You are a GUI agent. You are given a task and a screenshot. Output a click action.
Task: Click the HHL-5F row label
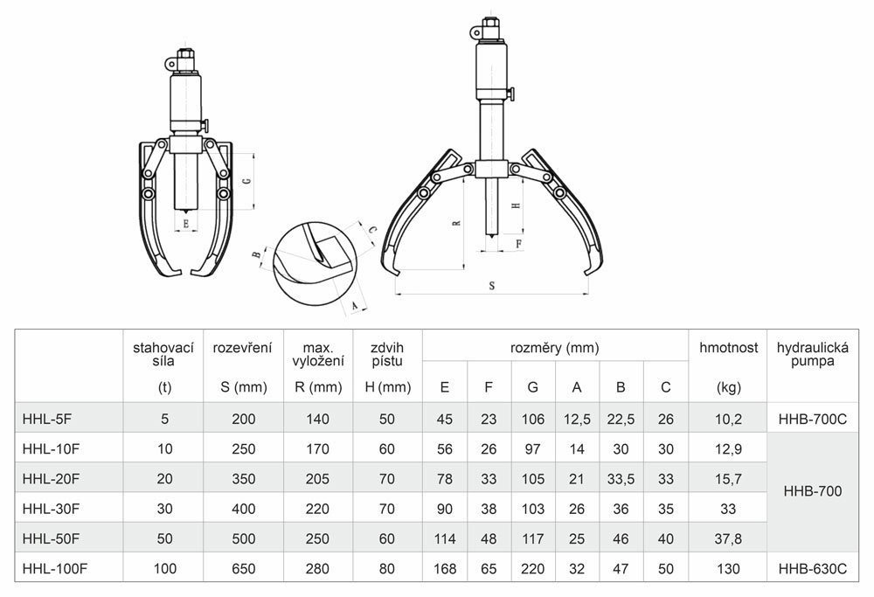click(x=47, y=420)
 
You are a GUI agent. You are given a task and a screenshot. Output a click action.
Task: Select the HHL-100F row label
click(x=54, y=568)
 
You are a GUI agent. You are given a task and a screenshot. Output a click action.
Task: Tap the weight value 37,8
click(x=728, y=538)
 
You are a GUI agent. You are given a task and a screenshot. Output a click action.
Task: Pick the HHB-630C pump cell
click(x=813, y=568)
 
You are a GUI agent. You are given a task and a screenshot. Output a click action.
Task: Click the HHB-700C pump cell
click(x=813, y=420)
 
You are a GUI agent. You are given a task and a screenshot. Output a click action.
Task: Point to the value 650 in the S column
click(x=244, y=568)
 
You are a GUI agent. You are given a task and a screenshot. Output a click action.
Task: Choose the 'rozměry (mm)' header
click(x=555, y=348)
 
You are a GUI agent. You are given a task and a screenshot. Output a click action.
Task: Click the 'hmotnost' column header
click(x=729, y=348)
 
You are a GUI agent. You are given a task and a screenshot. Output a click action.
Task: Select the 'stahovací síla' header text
click(x=163, y=355)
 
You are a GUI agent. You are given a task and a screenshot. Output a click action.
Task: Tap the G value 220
click(x=532, y=568)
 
